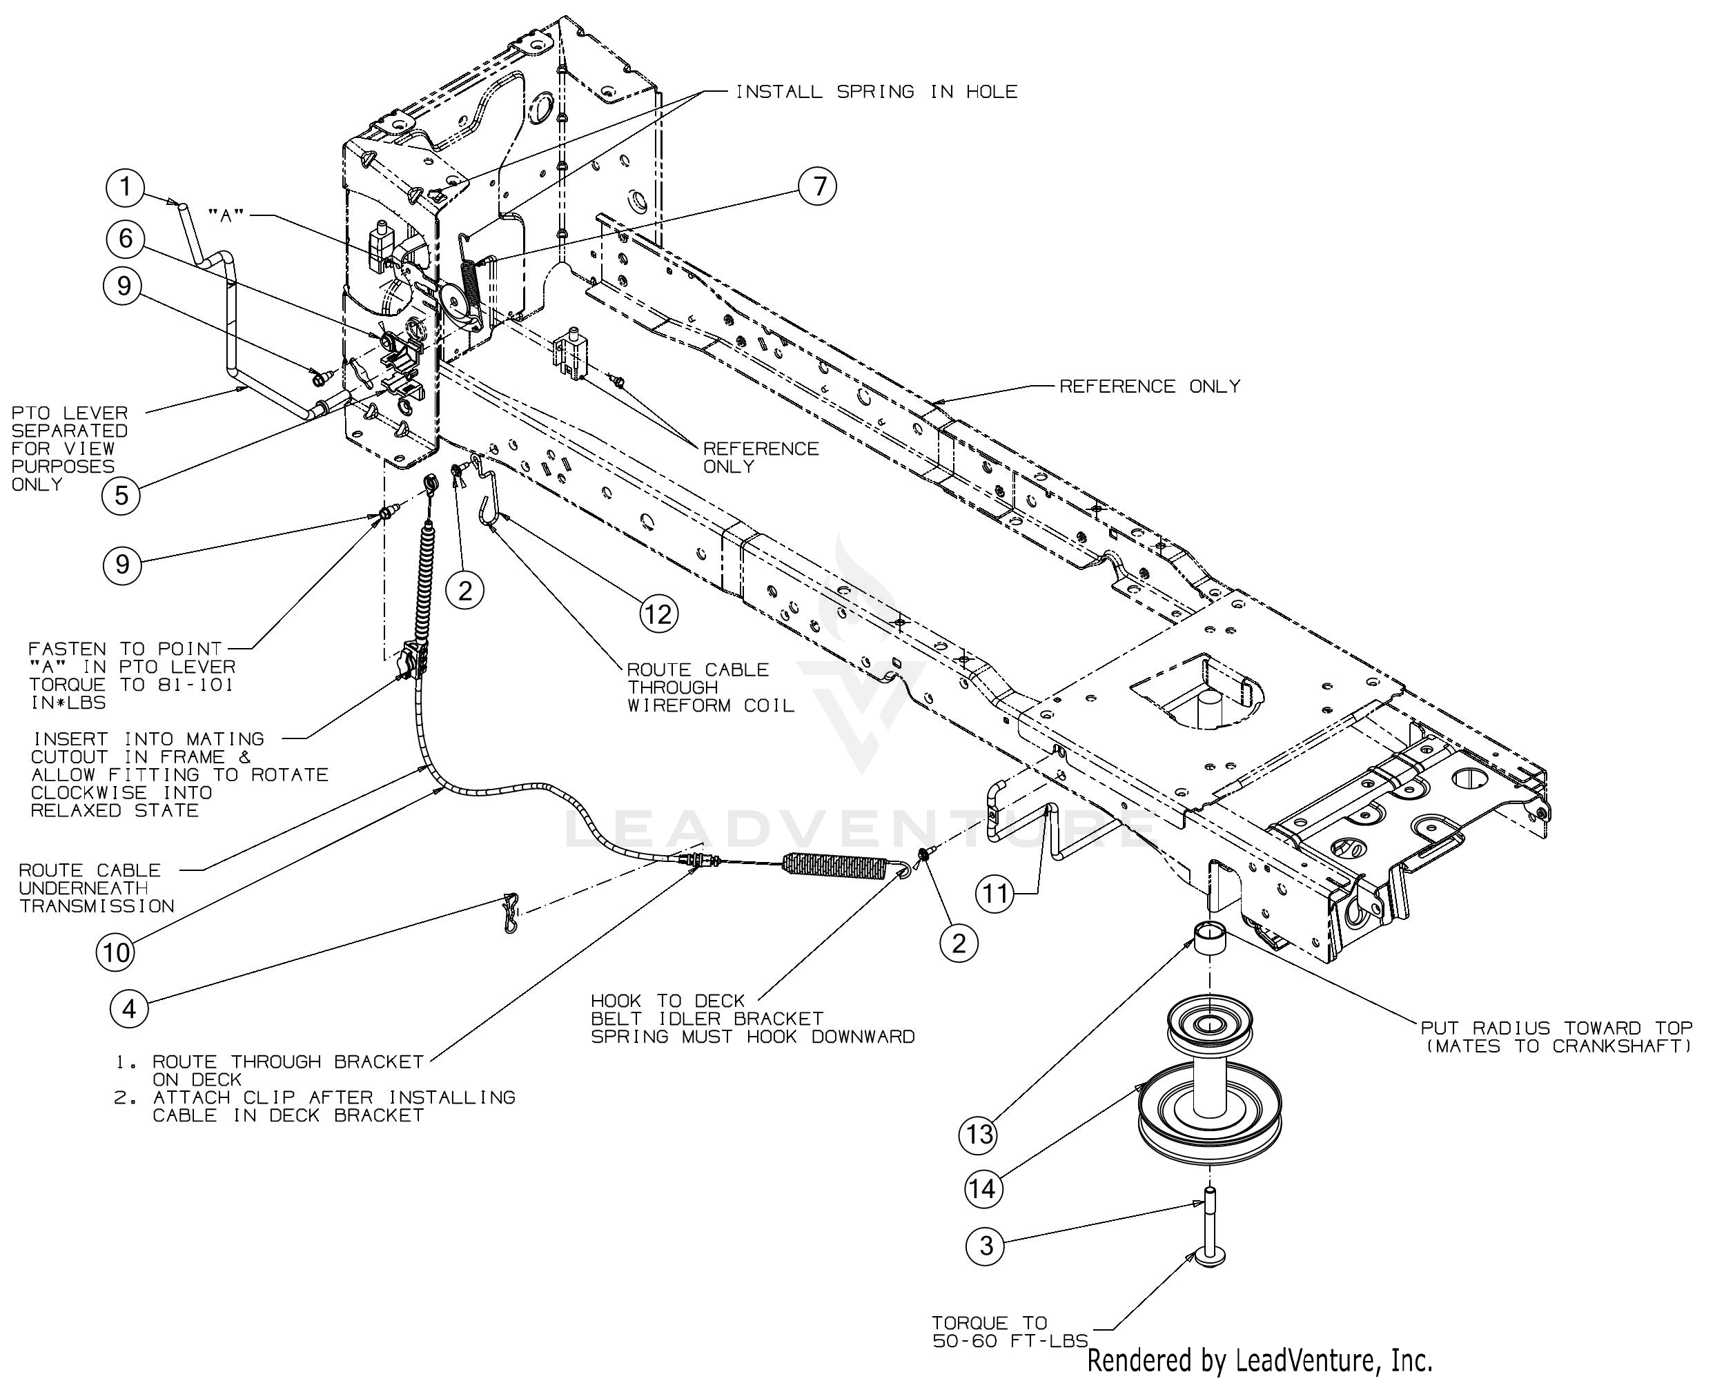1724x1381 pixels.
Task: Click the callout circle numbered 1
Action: click(125, 187)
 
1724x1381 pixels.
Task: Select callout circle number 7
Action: click(818, 186)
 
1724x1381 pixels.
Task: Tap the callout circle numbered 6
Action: click(125, 238)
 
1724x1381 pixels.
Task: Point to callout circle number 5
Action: click(121, 496)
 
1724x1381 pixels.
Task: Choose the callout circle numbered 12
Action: click(658, 614)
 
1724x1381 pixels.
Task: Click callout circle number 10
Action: click(116, 952)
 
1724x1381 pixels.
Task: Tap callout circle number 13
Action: click(979, 1134)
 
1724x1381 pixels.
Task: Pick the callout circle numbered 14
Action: click(983, 1188)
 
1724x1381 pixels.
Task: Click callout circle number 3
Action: click(986, 1245)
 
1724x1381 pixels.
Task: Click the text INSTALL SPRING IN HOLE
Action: click(876, 92)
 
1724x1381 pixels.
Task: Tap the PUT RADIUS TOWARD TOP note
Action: click(1556, 1037)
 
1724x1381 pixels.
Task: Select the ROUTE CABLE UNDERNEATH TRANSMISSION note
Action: click(96, 888)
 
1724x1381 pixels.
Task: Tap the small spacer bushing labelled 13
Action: click(1208, 937)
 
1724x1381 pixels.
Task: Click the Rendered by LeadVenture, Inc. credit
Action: click(1260, 1360)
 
